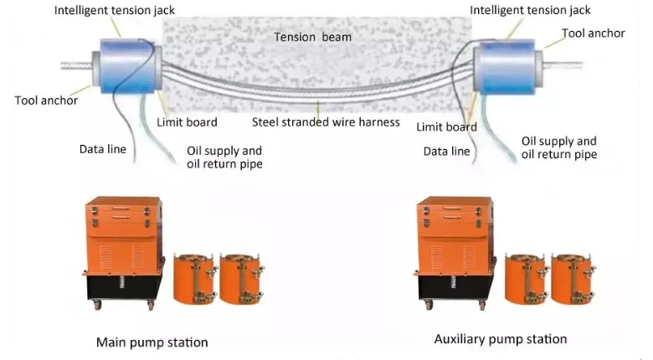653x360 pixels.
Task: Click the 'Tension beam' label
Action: pos(313,37)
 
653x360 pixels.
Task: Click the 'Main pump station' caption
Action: pos(152,342)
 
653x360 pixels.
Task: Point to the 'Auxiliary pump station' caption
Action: pos(501,339)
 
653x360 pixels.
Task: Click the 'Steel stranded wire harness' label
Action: pos(326,122)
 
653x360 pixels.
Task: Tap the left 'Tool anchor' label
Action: pos(46,100)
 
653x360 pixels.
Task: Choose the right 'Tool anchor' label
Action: pos(594,33)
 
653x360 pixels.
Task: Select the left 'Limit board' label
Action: pos(187,122)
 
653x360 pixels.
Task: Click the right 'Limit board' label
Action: pos(446,126)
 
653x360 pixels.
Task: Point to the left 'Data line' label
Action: pos(103,149)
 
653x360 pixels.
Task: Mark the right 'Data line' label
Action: pos(446,152)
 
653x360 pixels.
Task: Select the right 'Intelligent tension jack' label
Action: pos(530,10)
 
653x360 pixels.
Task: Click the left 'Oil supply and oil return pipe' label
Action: pos(224,157)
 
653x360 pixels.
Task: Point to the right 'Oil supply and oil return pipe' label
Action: pos(558,148)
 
